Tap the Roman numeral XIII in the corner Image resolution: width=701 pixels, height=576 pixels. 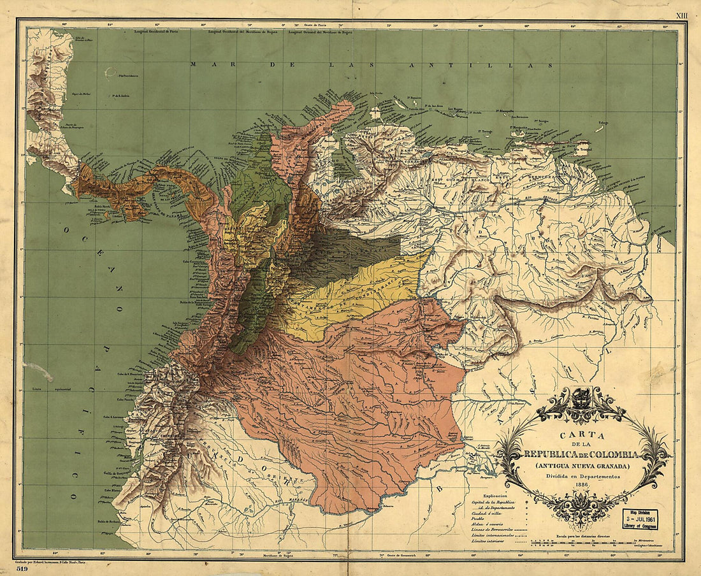[683, 6]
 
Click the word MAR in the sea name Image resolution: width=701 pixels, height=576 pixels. [203, 64]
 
